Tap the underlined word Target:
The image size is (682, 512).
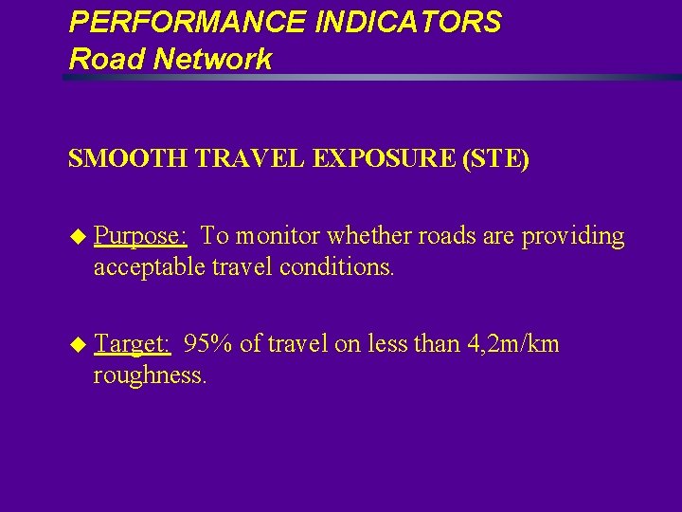133,343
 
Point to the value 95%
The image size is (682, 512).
208,343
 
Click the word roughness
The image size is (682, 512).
150,375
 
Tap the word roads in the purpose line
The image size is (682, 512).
428,236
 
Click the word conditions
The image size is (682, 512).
338,267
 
